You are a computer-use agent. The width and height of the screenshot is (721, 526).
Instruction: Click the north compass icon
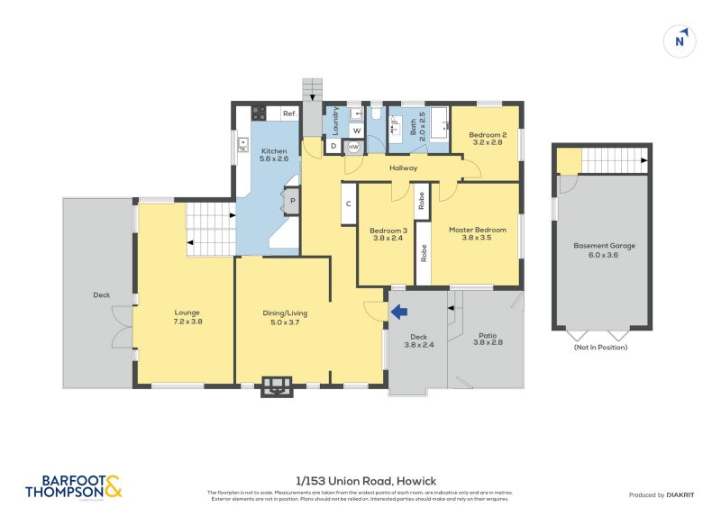681,41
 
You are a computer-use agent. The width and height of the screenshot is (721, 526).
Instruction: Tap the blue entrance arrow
398,312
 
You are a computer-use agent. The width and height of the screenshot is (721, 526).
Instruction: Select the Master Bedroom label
478,234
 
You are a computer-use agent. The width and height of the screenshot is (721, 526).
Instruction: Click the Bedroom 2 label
486,139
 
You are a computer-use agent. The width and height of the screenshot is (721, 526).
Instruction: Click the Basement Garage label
604,250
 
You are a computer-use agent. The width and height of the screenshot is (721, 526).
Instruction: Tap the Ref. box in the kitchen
289,113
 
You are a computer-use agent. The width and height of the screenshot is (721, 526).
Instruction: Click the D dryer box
333,146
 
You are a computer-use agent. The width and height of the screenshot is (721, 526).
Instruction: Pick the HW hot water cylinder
354,147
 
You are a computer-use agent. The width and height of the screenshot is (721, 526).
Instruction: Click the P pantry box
292,201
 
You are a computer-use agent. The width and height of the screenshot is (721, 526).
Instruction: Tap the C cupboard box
348,203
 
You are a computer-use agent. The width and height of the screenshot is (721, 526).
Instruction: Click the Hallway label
403,168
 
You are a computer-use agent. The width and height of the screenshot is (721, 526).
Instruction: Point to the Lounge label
187,317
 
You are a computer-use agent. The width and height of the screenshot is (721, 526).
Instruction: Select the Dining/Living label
285,317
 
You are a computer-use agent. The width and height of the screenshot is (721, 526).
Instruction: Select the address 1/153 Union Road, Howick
365,481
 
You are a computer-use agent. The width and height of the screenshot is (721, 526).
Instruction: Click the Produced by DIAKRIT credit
665,495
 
